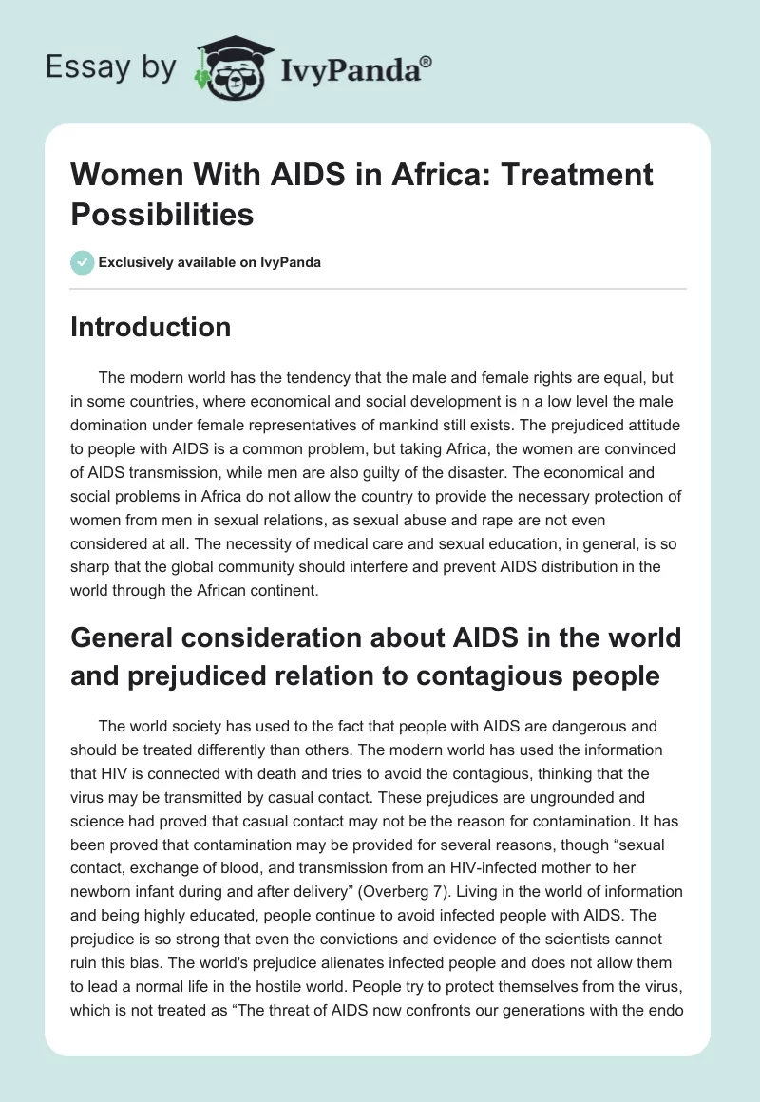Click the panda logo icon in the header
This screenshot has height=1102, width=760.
coord(227,66)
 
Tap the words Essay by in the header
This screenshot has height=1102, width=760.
coord(111,67)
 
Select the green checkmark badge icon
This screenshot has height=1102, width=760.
coord(83,262)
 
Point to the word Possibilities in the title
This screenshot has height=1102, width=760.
coord(162,215)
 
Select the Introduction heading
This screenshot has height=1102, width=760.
coord(151,328)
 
